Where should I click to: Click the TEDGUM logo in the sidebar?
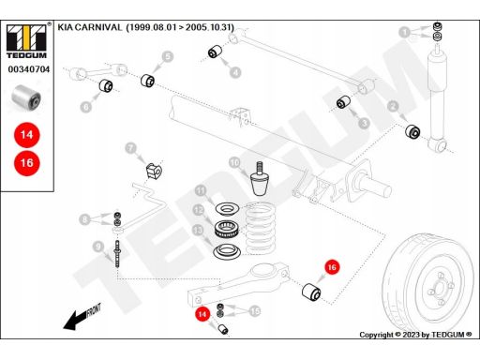[26, 41]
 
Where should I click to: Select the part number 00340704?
[29, 69]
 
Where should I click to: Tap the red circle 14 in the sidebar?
[27, 135]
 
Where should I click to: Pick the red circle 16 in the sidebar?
[27, 163]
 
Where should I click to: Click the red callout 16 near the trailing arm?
[332, 267]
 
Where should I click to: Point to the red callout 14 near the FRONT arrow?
[202, 314]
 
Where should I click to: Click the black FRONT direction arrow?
[82, 316]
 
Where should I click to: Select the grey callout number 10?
[234, 162]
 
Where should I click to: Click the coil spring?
[260, 229]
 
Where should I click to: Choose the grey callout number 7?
[131, 148]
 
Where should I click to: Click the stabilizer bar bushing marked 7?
[154, 171]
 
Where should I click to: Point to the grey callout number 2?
[393, 106]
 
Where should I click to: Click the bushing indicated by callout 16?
[311, 292]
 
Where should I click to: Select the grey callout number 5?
[168, 56]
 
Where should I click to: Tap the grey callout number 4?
[235, 72]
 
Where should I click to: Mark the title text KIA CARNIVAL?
[90, 27]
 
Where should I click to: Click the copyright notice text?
[415, 335]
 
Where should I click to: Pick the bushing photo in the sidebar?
[26, 97]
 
